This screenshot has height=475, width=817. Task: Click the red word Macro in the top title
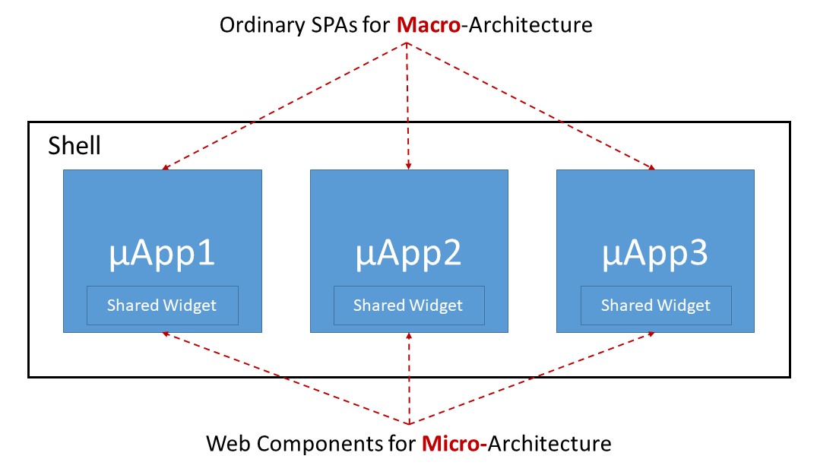[x=429, y=25]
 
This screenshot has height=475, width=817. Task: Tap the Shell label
[x=74, y=145]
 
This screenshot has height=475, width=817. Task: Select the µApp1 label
[x=162, y=254]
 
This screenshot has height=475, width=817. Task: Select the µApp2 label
[x=409, y=254]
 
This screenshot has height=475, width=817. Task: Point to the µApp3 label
[x=655, y=254]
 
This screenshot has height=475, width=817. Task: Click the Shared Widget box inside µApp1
[x=163, y=306]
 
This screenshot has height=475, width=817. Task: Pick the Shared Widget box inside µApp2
[x=409, y=306]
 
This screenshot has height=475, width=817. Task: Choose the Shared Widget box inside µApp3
[x=656, y=306]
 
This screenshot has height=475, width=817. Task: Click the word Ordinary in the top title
[x=263, y=26]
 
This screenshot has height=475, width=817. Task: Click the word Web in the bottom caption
[x=229, y=444]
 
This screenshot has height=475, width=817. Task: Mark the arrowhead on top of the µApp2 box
[x=409, y=166]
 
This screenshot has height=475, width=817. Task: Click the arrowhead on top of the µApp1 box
[x=166, y=167]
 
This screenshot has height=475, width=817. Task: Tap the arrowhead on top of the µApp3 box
[x=651, y=167]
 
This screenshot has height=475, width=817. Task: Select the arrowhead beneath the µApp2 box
[x=409, y=337]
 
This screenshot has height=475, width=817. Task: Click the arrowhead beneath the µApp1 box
[x=166, y=334]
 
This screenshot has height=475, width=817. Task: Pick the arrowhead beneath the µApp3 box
[x=651, y=334]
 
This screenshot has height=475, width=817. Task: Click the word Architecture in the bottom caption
[x=549, y=444]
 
